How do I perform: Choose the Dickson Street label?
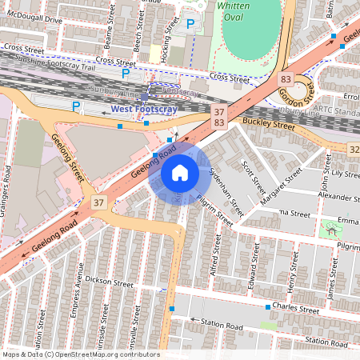110,282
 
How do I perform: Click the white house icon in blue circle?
179,173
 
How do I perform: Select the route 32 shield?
353,150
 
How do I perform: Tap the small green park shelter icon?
330,230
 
